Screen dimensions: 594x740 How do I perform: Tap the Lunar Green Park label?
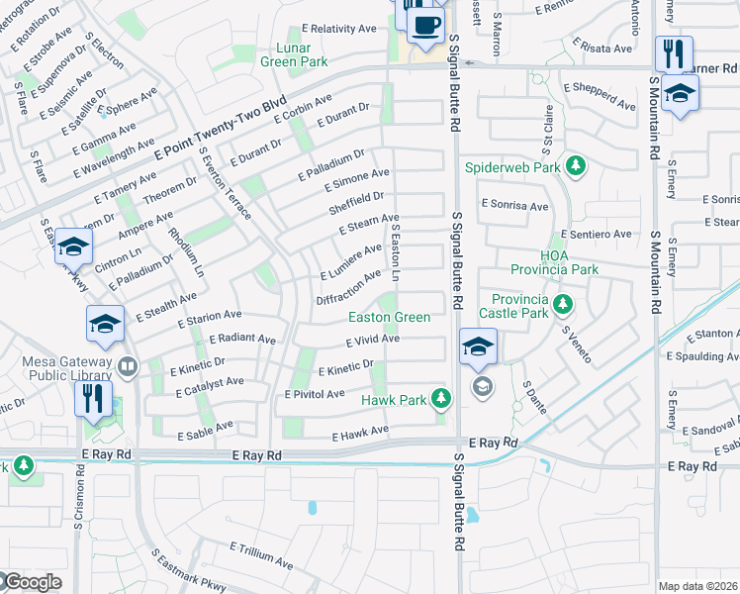pos(286,54)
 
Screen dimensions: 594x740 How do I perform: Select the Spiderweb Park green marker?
pos(582,165)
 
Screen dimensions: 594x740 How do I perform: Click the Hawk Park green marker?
pos(442,400)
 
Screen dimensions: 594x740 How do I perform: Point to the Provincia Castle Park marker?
pos(563,302)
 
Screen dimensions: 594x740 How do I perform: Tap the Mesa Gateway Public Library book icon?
pos(127,368)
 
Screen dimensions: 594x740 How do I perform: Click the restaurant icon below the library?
pos(93,399)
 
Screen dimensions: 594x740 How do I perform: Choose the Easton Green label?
pos(389,318)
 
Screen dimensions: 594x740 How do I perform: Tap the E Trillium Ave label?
pos(261,553)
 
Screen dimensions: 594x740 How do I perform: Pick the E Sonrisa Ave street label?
pos(514,206)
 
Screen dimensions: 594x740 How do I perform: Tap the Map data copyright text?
pos(697,586)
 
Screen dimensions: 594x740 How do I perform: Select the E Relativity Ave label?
pos(341,29)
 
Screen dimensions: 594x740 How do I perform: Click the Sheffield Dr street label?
pos(356,203)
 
